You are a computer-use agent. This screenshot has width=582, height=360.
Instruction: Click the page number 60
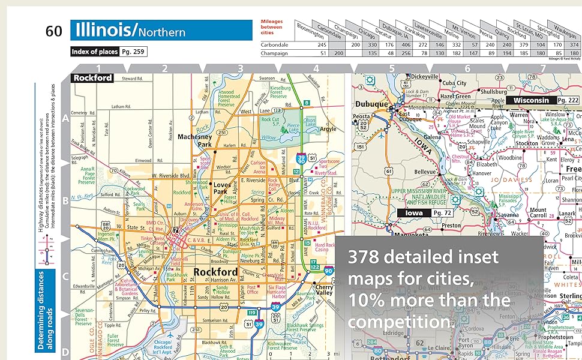[x=53, y=31]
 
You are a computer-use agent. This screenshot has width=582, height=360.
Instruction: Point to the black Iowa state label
[x=413, y=212]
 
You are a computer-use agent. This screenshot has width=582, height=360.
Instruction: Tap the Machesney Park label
[x=196, y=140]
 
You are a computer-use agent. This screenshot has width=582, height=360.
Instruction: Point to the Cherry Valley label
[x=324, y=291]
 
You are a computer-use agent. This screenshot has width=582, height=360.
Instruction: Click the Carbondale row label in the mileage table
[x=275, y=44]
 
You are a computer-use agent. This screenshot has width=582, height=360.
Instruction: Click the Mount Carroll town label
[x=538, y=214]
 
